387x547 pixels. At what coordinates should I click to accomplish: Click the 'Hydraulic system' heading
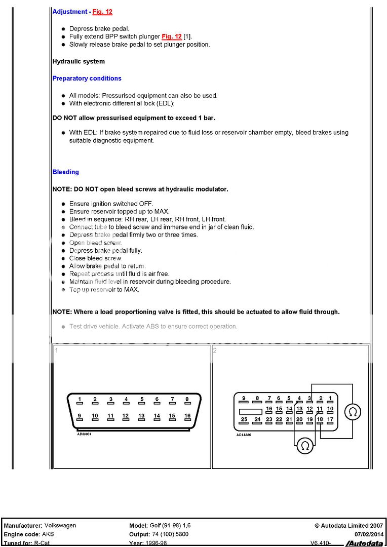tap(79, 61)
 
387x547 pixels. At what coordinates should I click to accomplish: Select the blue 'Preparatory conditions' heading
tap(87, 79)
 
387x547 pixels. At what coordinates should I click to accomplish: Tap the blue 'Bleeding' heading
tap(66, 172)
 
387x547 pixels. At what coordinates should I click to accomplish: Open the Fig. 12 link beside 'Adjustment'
tap(102, 12)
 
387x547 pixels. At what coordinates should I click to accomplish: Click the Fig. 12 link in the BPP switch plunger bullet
tap(171, 36)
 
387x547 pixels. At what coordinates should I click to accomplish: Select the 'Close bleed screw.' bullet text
tap(96, 258)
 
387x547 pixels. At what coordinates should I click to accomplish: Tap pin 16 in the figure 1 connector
tap(187, 416)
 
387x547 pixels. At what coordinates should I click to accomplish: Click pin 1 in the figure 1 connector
tap(80, 400)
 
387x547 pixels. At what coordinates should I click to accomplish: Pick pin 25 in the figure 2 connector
tap(244, 419)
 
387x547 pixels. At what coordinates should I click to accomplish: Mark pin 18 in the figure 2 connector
tap(320, 419)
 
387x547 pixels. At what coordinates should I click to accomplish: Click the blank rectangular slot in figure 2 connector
tap(250, 411)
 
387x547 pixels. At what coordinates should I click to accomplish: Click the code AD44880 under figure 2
tap(244, 435)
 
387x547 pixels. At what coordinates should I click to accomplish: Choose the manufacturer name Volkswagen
tap(60, 526)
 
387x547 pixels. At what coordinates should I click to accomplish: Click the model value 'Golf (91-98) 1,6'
tap(170, 526)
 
